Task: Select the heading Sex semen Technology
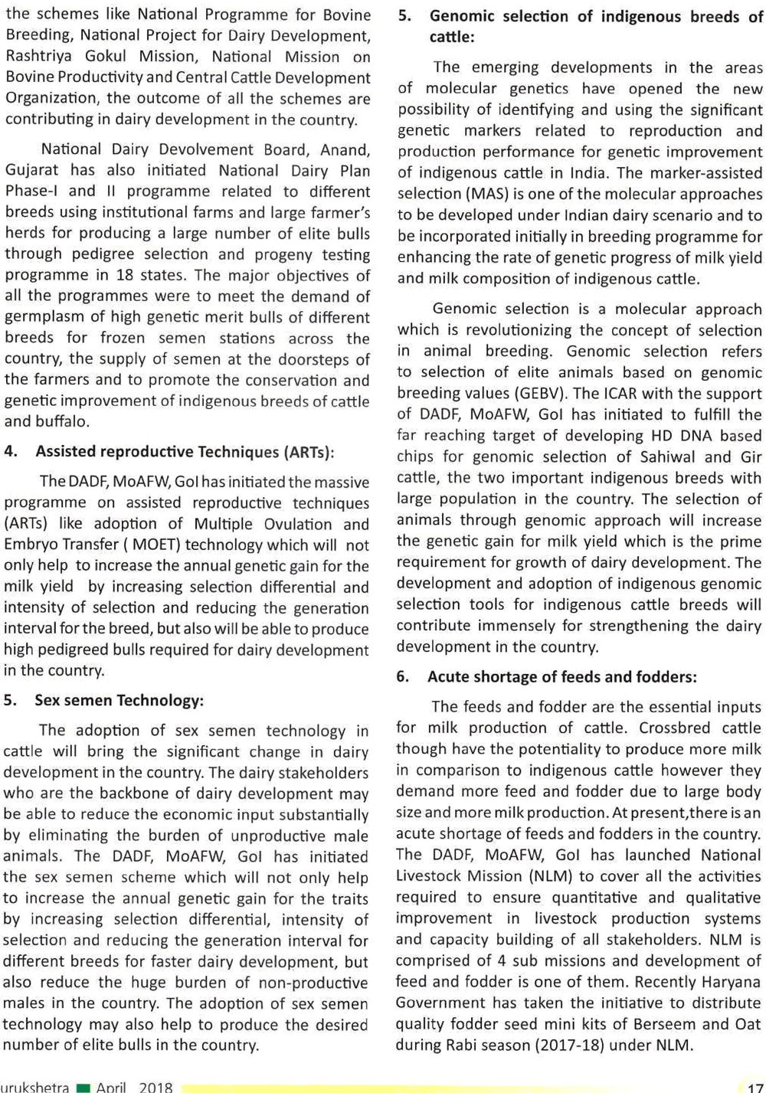point(119,700)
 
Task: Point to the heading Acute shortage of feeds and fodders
point(561,676)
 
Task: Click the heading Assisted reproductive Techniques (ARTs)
point(185,451)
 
